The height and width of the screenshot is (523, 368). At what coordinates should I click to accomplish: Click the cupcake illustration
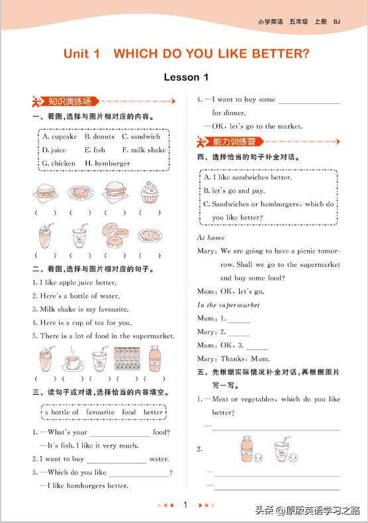(150, 193)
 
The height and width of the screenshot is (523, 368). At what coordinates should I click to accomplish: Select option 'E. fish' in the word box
(95, 150)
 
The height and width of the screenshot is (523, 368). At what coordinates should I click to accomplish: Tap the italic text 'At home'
(211, 237)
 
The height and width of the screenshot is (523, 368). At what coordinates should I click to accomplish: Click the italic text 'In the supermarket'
(228, 305)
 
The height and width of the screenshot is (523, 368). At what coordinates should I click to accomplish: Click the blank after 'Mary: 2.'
(239, 332)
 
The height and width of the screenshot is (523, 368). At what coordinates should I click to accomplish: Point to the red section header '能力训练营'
(234, 141)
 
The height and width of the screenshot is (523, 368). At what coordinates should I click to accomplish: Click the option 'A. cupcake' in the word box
(60, 136)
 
